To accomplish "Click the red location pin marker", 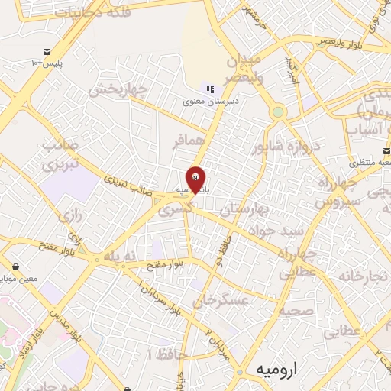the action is pyautogui.click(x=195, y=179).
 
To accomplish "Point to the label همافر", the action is pyautogui.click(x=189, y=142).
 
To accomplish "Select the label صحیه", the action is pyautogui.click(x=294, y=309).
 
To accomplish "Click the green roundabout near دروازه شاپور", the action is pyautogui.click(x=278, y=112).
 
